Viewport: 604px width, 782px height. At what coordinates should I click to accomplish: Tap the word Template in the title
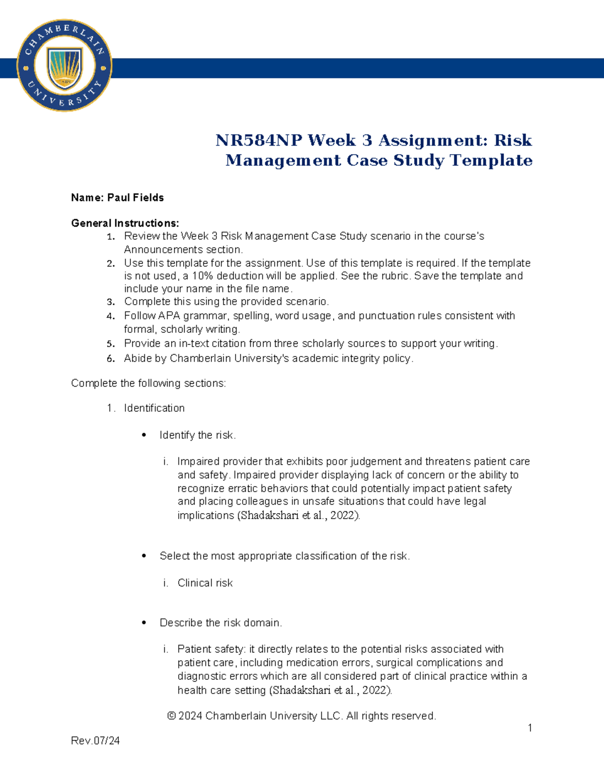[x=491, y=160]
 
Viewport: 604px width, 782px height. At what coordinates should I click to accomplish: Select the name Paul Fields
[x=135, y=197]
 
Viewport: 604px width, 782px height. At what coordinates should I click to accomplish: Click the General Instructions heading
[x=125, y=223]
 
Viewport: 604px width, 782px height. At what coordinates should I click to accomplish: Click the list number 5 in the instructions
[x=110, y=344]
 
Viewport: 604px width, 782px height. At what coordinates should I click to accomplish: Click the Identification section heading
[x=154, y=408]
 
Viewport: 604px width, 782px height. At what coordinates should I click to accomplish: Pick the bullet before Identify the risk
[x=144, y=435]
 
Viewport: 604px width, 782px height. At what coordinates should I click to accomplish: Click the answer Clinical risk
[x=205, y=583]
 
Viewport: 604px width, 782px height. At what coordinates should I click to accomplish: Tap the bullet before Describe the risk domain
[x=144, y=623]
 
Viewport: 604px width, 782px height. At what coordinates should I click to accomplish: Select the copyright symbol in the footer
[x=172, y=716]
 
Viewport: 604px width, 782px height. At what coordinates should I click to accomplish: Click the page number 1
[x=530, y=728]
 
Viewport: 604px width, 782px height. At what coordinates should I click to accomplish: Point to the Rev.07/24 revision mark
[x=95, y=741]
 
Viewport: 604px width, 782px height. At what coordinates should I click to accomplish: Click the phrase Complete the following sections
[x=148, y=383]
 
